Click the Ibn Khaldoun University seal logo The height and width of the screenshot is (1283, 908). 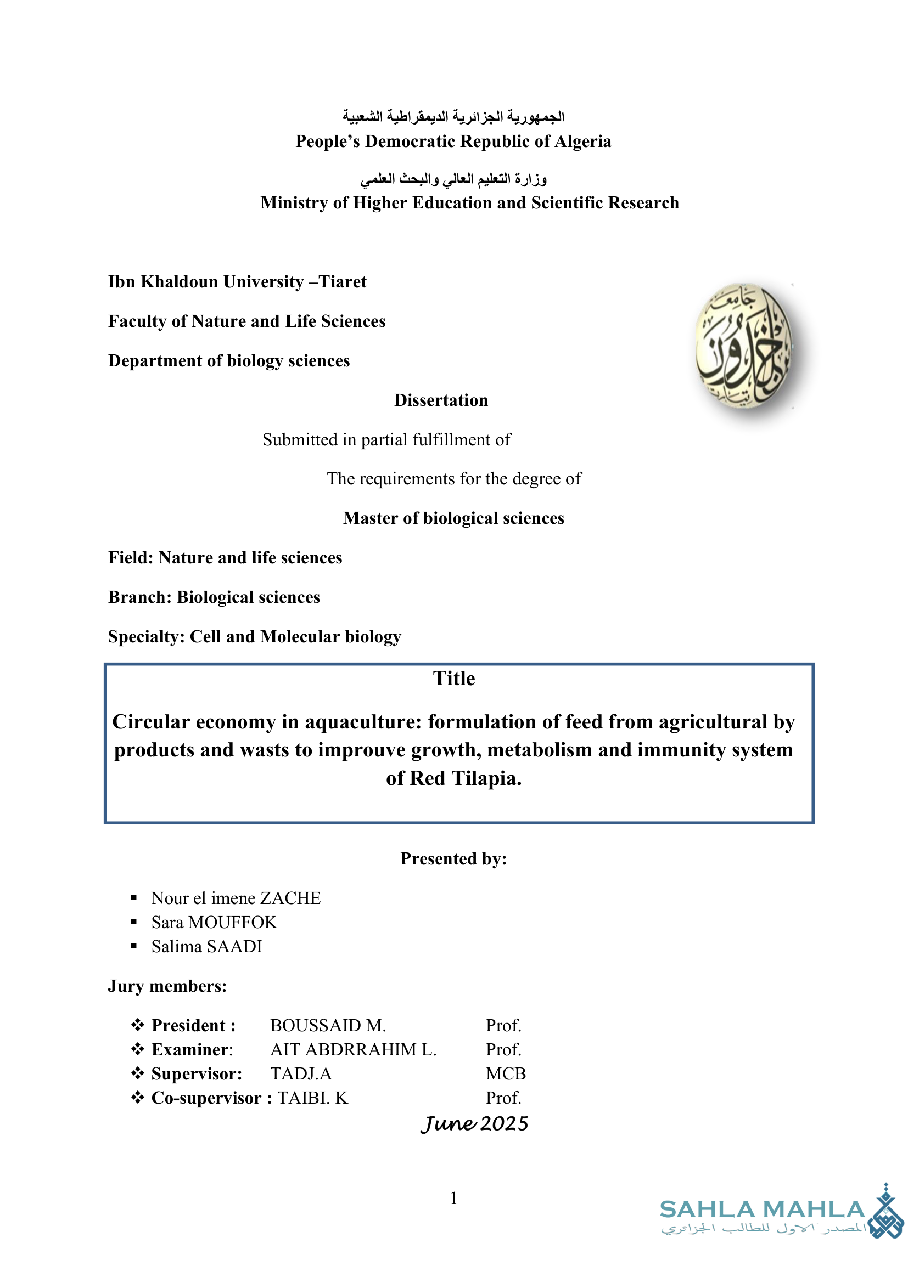point(744,347)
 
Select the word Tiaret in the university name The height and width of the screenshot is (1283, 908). point(342,281)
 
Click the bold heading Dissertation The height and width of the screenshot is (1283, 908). point(441,400)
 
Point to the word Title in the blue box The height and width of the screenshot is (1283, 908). point(453,679)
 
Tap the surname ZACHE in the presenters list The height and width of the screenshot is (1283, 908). point(290,898)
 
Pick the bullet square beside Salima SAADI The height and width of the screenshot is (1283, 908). point(133,947)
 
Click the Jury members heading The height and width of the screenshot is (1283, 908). point(167,986)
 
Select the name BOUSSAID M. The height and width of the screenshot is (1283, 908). point(328,1025)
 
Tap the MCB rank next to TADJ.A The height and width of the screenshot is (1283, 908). point(506,1073)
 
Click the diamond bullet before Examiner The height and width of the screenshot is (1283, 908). point(138,1049)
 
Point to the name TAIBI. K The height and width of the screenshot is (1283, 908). point(313,1098)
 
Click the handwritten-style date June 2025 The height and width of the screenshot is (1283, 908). point(474,1124)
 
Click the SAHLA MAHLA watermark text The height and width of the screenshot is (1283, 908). point(763,1210)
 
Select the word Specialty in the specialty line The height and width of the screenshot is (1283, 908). point(145,637)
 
